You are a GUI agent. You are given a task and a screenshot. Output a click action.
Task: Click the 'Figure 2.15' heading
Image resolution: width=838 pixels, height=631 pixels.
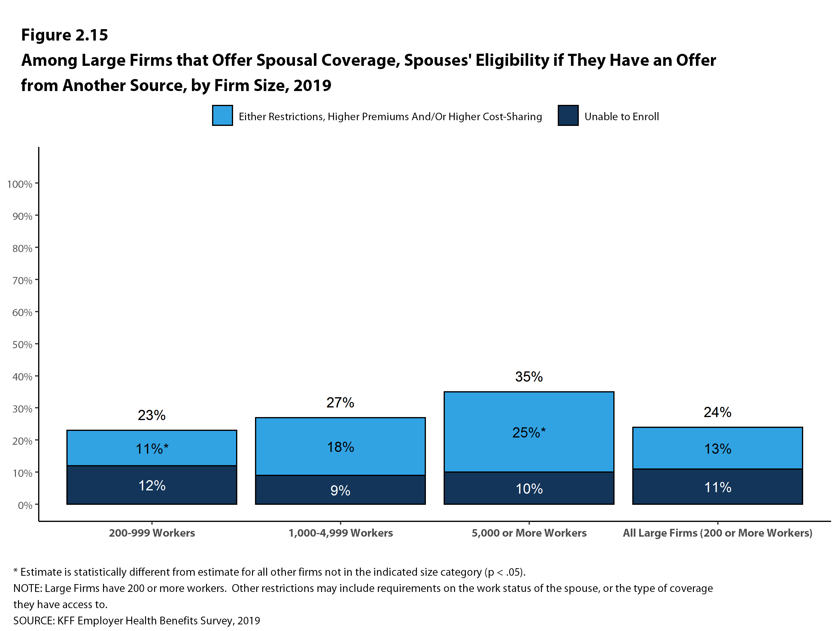[64, 35]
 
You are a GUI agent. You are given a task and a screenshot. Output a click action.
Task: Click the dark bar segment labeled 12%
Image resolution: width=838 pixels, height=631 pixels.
[152, 485]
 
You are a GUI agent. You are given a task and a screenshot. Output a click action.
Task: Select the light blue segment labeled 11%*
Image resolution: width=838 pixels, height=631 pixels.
[152, 448]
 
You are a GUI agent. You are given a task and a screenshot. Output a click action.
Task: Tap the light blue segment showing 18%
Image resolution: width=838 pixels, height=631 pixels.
[340, 447]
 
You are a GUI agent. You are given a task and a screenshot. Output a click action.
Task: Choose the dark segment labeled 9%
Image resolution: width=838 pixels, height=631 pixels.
[340, 490]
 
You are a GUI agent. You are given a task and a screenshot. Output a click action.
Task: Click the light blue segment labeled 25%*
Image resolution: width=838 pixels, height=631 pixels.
[529, 432]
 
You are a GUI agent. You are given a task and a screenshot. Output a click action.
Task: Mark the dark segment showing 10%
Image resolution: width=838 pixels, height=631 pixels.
[529, 489]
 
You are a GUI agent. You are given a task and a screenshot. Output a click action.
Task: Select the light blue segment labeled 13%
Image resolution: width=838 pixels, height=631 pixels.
[718, 448]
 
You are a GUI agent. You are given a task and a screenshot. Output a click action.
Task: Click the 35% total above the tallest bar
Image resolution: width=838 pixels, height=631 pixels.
[529, 377]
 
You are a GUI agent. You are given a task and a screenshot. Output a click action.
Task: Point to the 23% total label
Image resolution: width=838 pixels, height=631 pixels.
[152, 415]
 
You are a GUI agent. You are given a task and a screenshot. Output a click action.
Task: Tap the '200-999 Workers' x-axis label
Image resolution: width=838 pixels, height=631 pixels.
[152, 533]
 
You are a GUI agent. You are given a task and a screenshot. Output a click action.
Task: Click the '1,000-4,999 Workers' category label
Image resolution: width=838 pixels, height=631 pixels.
[340, 533]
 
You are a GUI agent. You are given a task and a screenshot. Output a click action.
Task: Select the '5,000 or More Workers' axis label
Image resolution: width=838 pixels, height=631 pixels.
[529, 533]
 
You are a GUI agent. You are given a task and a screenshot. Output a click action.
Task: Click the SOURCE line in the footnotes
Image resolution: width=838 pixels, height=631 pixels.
[136, 620]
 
